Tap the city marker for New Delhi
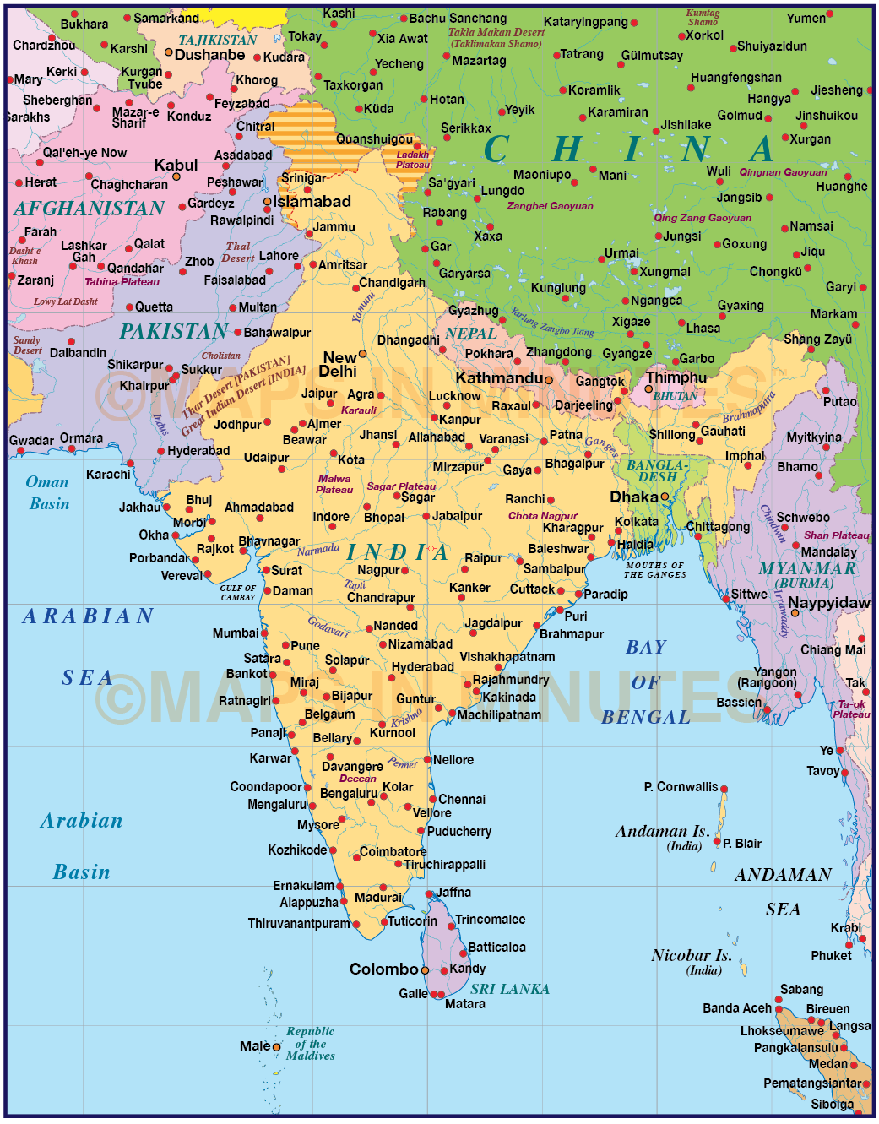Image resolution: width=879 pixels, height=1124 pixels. tap(363, 354)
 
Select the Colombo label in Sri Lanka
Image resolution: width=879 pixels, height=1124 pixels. tap(383, 969)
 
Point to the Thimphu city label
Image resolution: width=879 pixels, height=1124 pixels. tap(676, 377)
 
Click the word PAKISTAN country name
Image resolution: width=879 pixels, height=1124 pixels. tap(174, 332)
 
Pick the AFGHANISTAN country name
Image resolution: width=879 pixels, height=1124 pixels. tap(90, 209)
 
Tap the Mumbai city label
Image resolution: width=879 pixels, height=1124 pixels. tap(236, 633)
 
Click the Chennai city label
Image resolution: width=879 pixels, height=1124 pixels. tap(462, 800)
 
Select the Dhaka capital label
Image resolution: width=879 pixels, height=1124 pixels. tap(633, 497)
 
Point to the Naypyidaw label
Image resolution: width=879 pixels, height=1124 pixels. tap(828, 603)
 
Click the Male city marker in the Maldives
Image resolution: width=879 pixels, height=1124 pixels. tap(276, 1047)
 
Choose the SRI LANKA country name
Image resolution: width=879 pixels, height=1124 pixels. tap(510, 989)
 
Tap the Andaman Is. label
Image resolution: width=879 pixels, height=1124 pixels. tap(662, 832)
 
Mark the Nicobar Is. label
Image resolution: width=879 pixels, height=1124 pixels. tap(691, 956)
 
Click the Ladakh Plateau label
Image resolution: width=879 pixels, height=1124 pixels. tap(413, 160)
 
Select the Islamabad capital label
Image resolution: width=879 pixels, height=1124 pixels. tap(312, 202)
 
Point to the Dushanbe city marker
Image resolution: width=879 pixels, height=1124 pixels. tap(169, 52)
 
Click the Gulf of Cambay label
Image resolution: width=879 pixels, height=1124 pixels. tap(237, 593)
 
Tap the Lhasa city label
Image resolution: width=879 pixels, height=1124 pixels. tap(703, 329)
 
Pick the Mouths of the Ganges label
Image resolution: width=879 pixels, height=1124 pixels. tap(654, 570)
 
